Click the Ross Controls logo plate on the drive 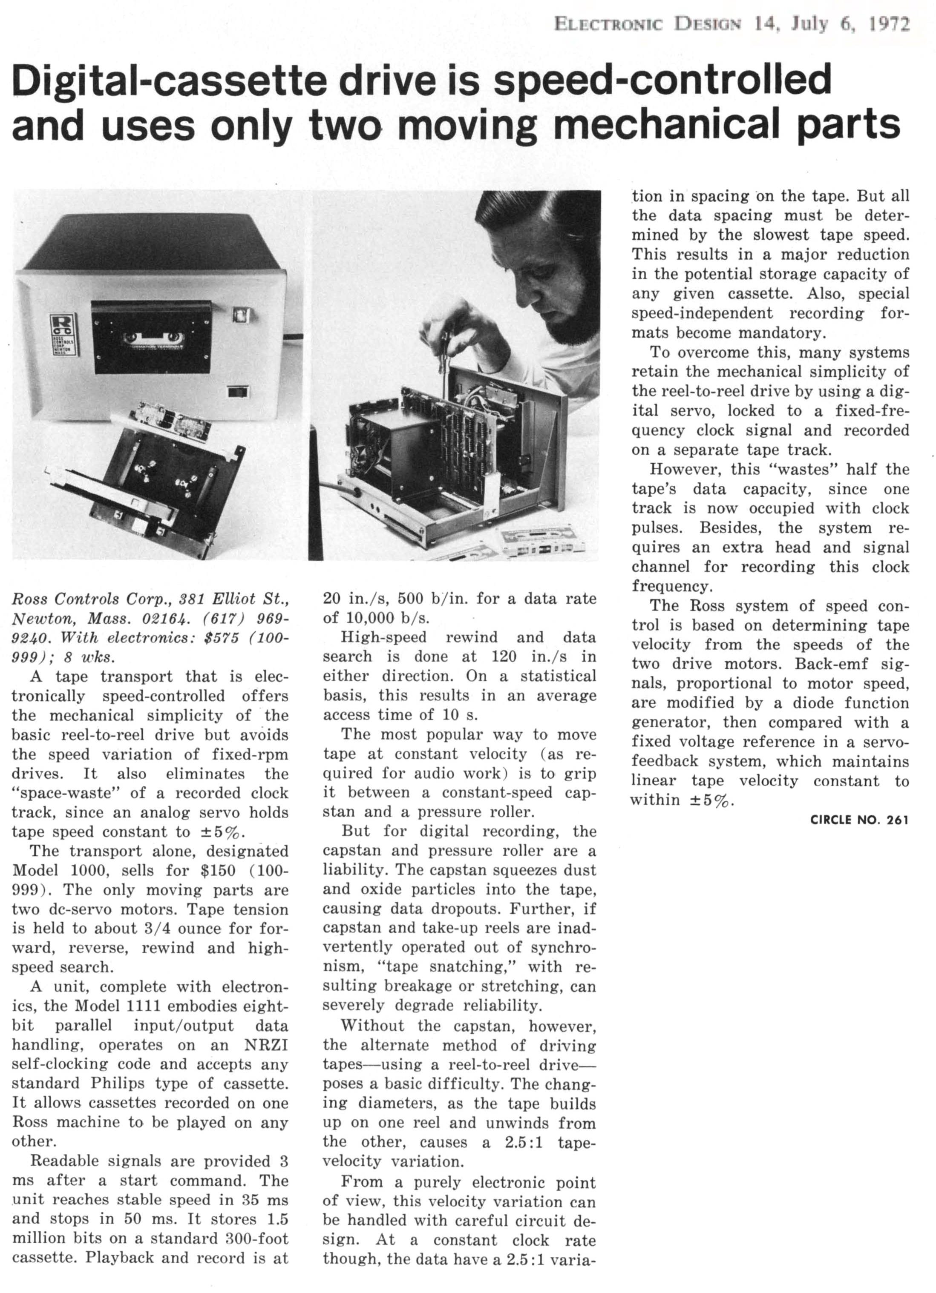tap(60, 333)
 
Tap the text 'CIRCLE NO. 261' tap(859, 820)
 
